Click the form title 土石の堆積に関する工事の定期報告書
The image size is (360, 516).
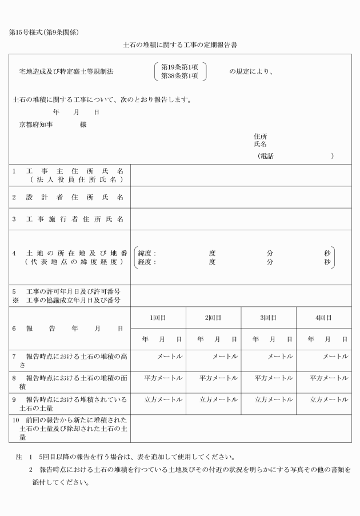(180, 44)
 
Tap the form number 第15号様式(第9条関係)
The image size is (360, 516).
(44, 32)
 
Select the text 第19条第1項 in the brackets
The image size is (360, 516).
(179, 67)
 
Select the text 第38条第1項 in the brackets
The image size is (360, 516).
(179, 76)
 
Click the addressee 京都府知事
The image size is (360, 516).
(36, 124)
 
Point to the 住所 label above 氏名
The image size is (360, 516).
(260, 137)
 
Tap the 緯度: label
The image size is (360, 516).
(147, 253)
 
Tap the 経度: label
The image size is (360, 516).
(147, 262)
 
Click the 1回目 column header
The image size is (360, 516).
(158, 318)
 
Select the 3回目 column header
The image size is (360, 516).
(269, 318)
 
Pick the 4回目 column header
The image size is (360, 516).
(323, 318)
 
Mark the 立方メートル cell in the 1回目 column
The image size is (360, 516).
(163, 399)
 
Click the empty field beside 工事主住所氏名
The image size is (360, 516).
(241, 175)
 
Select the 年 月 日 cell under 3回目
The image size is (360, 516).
(269, 339)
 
